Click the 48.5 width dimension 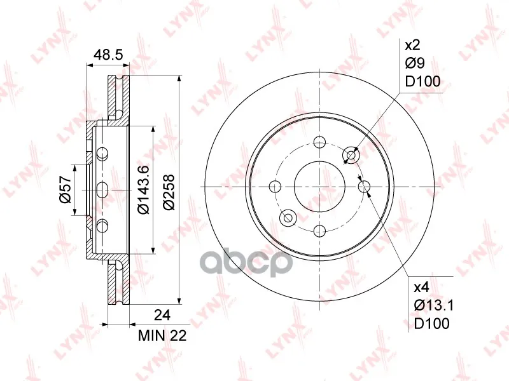108,55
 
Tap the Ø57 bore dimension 65,189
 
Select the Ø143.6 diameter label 143,189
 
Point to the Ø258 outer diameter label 169,192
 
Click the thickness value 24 162,314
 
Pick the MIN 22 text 162,336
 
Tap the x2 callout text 412,45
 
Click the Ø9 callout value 415,63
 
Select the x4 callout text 422,287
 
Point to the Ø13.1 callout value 433,305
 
